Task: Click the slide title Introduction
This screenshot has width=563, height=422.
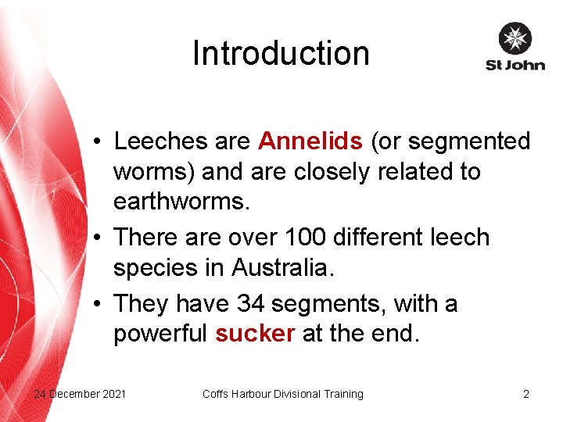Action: coord(281,53)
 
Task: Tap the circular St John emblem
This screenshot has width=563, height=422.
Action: coord(515,38)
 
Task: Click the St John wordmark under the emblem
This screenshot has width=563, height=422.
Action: coord(515,66)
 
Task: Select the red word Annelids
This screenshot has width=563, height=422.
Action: coord(310,141)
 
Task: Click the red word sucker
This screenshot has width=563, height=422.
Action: coord(254,334)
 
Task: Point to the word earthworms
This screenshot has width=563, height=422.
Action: coord(181,202)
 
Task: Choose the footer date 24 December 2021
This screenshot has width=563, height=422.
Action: coord(80,394)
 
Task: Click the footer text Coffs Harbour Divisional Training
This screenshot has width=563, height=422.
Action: coord(283,394)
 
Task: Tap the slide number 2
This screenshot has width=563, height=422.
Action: coord(526,394)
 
